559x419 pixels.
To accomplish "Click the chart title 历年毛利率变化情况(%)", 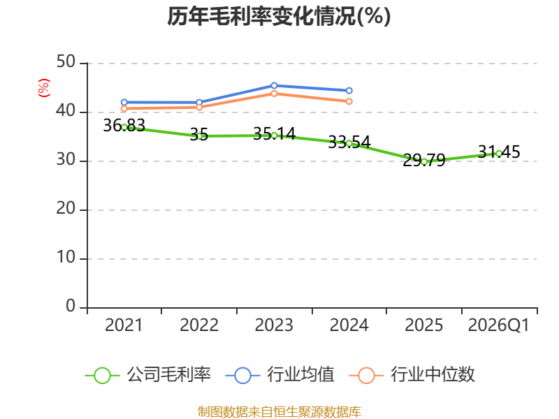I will coord(279,16).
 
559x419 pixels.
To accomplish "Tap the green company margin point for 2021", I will coord(124,127).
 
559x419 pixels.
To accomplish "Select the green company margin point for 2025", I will coord(424,161).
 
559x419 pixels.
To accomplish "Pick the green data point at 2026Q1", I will coord(499,153).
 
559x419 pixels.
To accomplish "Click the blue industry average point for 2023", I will coord(274,85).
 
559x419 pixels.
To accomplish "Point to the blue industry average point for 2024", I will coord(349,90).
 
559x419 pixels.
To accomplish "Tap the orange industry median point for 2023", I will coord(274,93).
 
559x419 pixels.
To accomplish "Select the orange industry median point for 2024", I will coord(349,101).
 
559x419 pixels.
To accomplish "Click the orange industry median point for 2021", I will coord(124,108).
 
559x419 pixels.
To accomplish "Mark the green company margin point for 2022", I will coord(199,135).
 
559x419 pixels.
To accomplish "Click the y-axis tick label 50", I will coord(66,63).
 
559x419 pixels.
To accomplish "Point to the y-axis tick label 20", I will coord(66,209).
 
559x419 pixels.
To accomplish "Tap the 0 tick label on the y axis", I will coord(71,307).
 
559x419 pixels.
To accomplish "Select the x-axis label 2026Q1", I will coord(498,325).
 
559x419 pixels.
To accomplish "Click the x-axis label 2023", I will coord(274,325).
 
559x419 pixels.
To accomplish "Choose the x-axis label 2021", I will coord(124,325).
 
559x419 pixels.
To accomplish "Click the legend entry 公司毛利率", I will coord(147,375).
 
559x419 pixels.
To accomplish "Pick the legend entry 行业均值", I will coord(280,375).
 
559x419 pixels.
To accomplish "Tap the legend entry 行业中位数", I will coord(416,375).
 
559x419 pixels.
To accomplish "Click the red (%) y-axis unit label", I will coord(44,88).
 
